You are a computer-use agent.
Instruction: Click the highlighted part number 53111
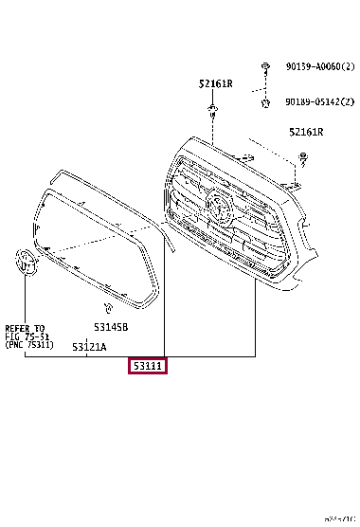tap(148, 365)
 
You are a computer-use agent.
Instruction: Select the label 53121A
tap(90, 348)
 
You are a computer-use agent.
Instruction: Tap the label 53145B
tap(111, 327)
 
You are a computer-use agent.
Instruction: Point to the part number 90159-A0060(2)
tap(316, 67)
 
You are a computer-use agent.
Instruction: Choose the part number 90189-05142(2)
tap(316, 100)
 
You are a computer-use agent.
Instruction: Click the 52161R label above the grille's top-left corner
tap(215, 83)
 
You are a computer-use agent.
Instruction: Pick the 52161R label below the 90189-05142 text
tap(306, 133)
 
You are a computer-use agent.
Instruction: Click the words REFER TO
tap(26, 325)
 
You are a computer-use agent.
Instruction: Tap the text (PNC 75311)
tap(29, 344)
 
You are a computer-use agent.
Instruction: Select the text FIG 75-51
tap(27, 335)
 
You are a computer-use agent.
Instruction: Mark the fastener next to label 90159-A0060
tap(265, 67)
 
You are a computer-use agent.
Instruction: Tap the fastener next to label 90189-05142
tap(265, 100)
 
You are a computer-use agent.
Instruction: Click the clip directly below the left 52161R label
tap(213, 111)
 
